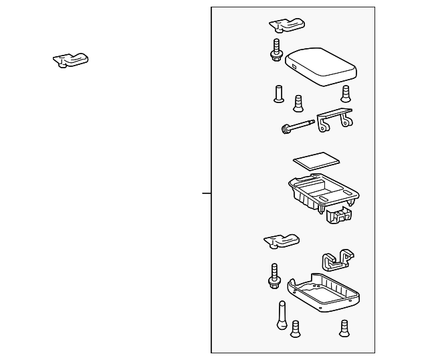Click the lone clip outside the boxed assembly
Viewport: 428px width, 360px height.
coord(71,60)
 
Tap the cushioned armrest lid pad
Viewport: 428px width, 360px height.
coord(320,65)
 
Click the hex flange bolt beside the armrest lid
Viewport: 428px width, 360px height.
coord(276,51)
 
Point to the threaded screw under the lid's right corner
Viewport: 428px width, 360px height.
coord(346,93)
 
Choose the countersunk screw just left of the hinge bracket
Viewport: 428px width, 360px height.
coord(298,103)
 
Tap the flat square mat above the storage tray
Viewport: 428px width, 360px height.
coord(317,161)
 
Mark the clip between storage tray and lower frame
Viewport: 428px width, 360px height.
coord(282,240)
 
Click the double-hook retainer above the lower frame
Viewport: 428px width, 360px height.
coord(338,260)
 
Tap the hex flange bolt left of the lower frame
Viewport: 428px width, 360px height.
coord(274,276)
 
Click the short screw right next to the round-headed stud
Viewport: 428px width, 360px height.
coord(295,329)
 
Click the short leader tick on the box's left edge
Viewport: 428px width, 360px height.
coord(207,193)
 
